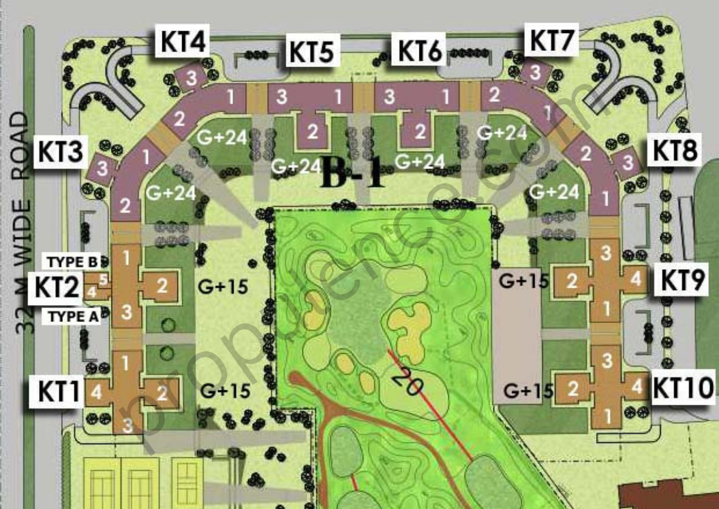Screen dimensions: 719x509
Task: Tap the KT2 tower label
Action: (x=57, y=286)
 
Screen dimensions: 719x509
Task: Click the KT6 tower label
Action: (x=420, y=49)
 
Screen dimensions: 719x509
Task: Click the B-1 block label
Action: (x=354, y=174)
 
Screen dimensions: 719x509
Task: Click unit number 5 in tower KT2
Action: (x=103, y=279)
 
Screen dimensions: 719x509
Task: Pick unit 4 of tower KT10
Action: (x=636, y=386)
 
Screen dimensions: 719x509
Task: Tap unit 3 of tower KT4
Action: (x=191, y=77)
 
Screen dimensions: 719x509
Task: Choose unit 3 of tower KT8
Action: (x=627, y=162)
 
